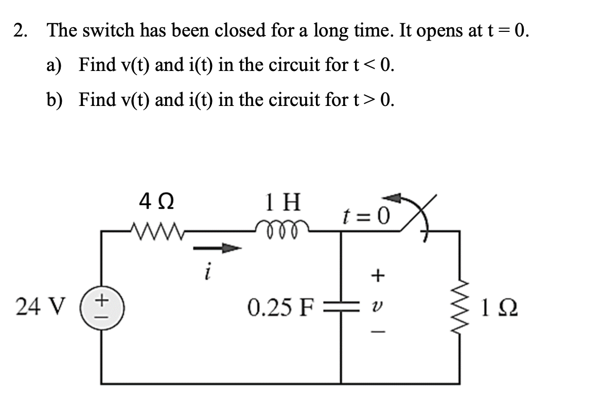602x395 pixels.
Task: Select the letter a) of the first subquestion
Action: pyautogui.click(x=54, y=65)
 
